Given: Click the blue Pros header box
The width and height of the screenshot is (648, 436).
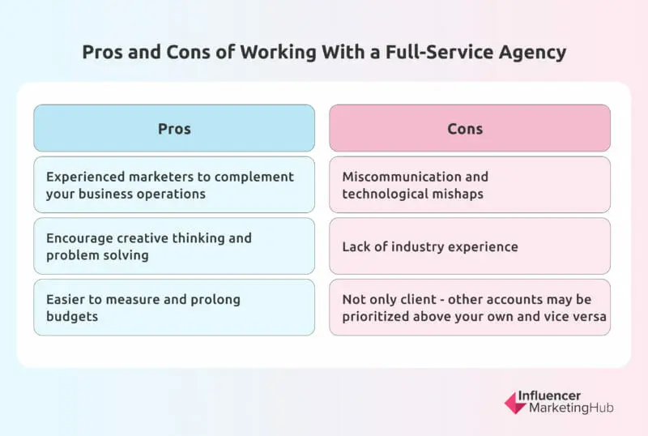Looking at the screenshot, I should click(x=174, y=128).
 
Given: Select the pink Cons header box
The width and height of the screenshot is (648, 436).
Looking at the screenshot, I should click(x=470, y=128).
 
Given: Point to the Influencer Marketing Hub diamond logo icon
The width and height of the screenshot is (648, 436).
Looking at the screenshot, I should click(x=514, y=403).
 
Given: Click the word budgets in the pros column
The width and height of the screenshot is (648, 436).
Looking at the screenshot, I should click(x=72, y=317).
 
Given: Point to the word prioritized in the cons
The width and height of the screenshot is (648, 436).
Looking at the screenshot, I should click(x=379, y=317).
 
